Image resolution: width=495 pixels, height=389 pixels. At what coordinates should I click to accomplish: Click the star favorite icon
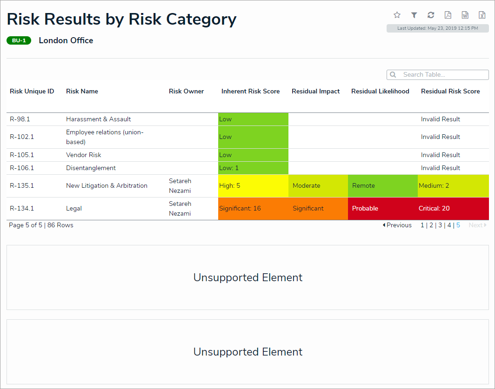pos(397,15)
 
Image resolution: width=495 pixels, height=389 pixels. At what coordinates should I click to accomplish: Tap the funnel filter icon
pos(414,15)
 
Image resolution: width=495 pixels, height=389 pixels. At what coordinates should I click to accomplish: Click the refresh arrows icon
pos(431,15)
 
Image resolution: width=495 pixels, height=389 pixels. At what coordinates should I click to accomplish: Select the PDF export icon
pos(448,15)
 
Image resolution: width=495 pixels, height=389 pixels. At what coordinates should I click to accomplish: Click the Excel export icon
pos(482,15)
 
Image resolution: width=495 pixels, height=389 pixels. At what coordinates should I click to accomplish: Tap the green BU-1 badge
pos(19,40)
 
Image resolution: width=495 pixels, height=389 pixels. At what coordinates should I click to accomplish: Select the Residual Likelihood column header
pos(380,92)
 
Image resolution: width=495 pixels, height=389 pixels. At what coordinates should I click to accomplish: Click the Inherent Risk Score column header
pos(250,92)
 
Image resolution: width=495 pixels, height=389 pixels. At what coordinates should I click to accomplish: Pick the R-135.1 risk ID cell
pos(22,186)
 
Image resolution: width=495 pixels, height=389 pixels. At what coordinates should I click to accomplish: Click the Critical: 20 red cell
pos(453,209)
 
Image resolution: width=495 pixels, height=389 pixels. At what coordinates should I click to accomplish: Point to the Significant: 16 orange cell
pos(253,209)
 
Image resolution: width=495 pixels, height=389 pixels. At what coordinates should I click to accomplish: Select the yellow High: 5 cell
pos(253,186)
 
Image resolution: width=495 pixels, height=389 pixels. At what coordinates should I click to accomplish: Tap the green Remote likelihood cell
pos(382,186)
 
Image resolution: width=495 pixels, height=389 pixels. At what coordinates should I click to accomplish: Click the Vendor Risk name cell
pos(84,155)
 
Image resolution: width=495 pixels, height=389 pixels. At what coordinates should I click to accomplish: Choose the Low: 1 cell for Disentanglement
pos(253,168)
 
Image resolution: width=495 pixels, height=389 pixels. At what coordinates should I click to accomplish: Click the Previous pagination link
pos(397,225)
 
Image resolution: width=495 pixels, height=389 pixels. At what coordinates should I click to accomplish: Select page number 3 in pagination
pos(440,225)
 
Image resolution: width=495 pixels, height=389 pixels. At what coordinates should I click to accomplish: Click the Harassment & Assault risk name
pos(99,119)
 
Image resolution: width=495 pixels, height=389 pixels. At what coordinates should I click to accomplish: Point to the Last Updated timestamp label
pos(437,28)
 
